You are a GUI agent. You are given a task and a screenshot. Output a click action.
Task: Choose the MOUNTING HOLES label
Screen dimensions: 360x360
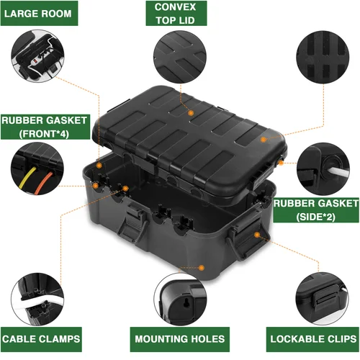179,338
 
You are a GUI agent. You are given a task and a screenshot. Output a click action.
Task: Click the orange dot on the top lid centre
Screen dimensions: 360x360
191,112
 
